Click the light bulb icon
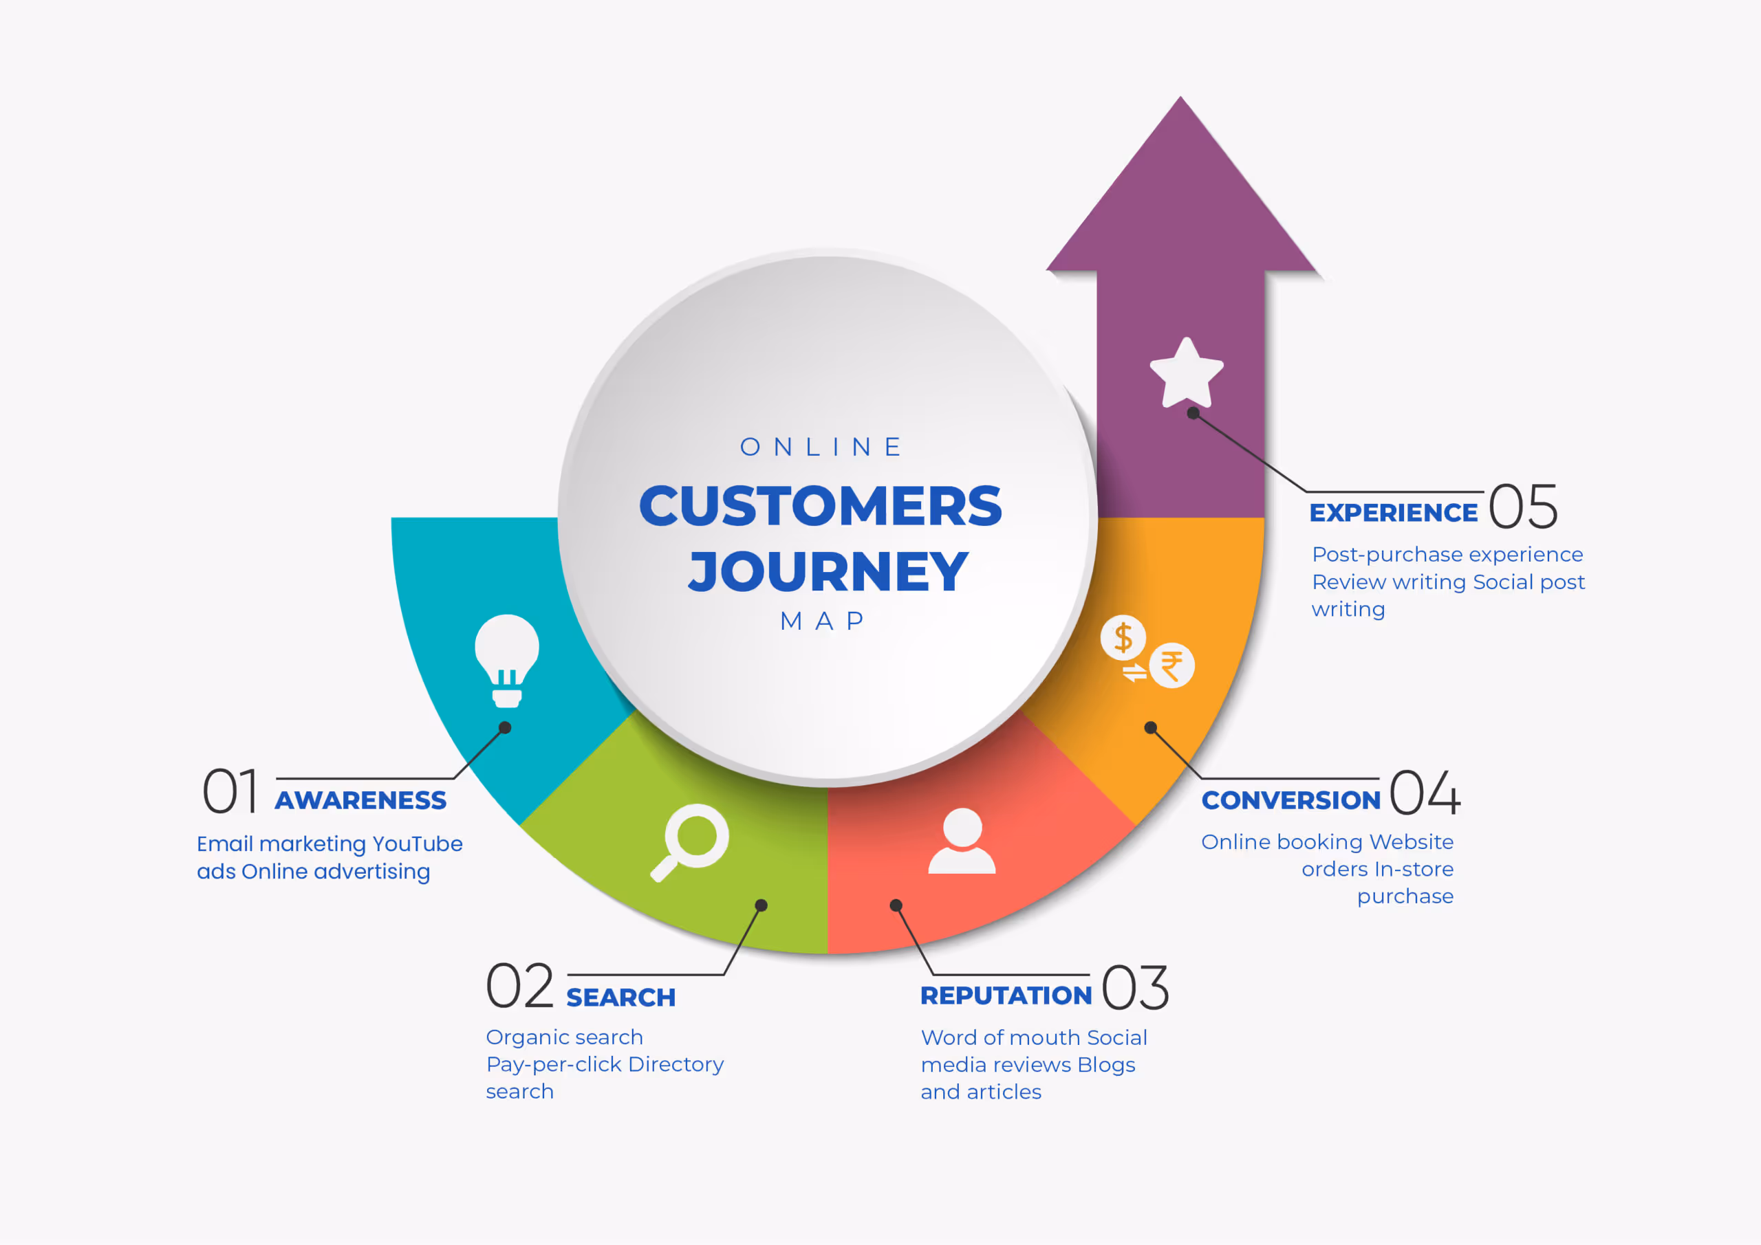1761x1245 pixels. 506,659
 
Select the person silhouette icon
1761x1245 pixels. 962,841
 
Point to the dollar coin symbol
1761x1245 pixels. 1123,637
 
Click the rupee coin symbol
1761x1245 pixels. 1171,665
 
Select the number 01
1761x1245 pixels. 229,791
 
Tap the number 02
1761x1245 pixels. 520,987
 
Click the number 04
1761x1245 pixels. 1425,793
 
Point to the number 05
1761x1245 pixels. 1522,507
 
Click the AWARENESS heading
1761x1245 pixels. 360,800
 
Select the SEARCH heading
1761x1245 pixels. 620,998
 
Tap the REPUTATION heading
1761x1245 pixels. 1006,995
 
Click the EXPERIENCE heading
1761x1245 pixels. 1393,513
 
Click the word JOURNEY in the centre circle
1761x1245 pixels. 828,572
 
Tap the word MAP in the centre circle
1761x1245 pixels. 822,621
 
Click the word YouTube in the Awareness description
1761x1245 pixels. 418,844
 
